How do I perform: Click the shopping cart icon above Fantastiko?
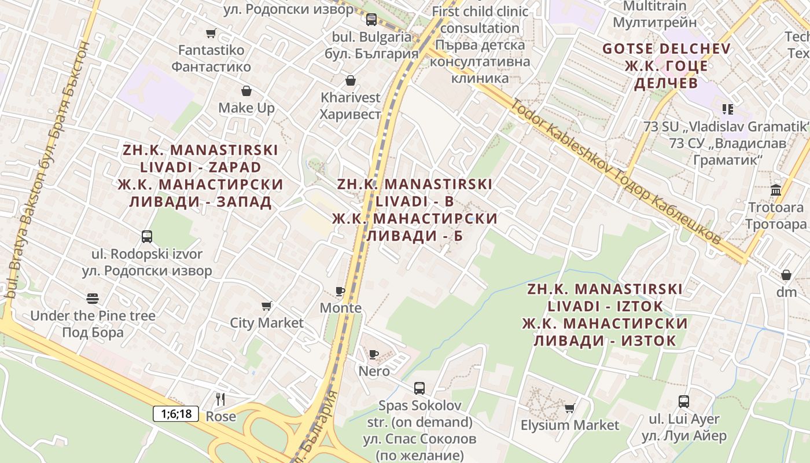[x=211, y=34]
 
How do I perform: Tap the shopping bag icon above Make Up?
[x=246, y=91]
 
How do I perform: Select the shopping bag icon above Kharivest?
[x=350, y=80]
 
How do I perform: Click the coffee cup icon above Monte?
[x=340, y=291]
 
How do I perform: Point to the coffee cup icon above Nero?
[x=374, y=354]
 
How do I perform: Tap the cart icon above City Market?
[x=267, y=306]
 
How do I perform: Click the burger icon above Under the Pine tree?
[x=93, y=299]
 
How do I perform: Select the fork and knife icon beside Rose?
[x=220, y=399]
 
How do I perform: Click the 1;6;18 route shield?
[x=176, y=414]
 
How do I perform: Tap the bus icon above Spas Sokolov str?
[x=419, y=388]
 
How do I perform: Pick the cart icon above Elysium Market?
[x=570, y=408]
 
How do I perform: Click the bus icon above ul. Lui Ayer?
[x=684, y=402]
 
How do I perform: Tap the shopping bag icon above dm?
[x=786, y=274]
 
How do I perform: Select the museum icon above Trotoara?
[x=776, y=190]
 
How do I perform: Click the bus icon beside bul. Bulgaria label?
[x=371, y=20]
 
